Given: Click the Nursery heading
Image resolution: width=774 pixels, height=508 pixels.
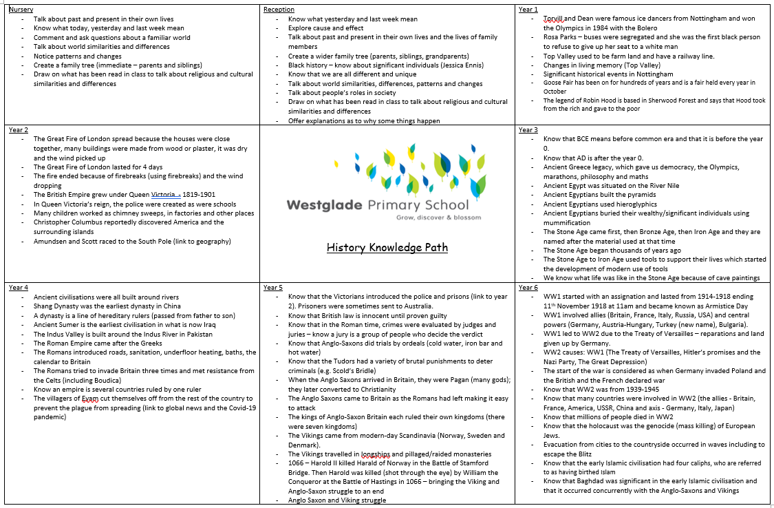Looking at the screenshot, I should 22,10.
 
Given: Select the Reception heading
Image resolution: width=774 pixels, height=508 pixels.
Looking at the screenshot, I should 279,10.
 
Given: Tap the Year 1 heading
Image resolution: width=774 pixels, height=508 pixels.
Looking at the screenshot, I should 528,10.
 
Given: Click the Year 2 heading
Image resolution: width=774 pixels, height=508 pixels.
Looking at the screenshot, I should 19,129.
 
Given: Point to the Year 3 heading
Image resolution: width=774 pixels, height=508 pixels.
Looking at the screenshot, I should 528,129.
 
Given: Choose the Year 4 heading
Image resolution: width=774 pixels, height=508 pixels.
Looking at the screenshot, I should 19,287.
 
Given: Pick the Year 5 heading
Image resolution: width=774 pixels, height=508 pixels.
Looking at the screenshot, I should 273,287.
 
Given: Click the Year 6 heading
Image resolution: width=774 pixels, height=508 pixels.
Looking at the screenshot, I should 528,287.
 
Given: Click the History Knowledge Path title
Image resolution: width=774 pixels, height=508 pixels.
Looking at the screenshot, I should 387,247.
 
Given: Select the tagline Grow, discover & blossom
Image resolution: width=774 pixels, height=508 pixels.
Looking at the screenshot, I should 432,217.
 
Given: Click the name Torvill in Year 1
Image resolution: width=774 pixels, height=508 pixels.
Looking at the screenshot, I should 555,19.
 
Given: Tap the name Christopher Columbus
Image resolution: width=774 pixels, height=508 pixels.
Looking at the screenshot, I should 72,222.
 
